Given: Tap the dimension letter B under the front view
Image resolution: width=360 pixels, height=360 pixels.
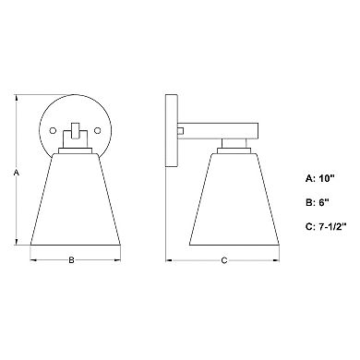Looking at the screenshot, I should pyautogui.click(x=72, y=259).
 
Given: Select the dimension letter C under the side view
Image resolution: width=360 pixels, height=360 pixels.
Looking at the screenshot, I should pyautogui.click(x=224, y=259).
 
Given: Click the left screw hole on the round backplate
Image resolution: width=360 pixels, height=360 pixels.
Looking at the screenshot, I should pyautogui.click(x=54, y=126).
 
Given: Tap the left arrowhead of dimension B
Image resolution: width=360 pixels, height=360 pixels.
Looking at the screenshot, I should pyautogui.click(x=34, y=259).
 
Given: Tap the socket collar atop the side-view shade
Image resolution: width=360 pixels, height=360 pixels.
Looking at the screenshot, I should pyautogui.click(x=236, y=145).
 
